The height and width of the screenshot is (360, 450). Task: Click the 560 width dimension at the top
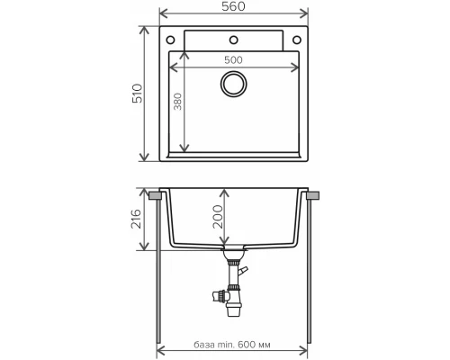pyautogui.click(x=233, y=6)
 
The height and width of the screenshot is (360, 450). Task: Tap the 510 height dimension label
pyautogui.click(x=138, y=94)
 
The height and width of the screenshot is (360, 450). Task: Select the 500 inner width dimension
pyautogui.click(x=233, y=58)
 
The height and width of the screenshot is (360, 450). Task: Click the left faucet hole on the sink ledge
pyautogui.click(x=171, y=40)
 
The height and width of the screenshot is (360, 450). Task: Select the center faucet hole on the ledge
pyautogui.click(x=234, y=40)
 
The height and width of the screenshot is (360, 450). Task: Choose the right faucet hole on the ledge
pyautogui.click(x=297, y=40)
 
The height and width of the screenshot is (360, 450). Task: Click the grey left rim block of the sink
pyautogui.click(x=157, y=194)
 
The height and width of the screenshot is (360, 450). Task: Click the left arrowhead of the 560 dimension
pyautogui.click(x=163, y=15)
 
